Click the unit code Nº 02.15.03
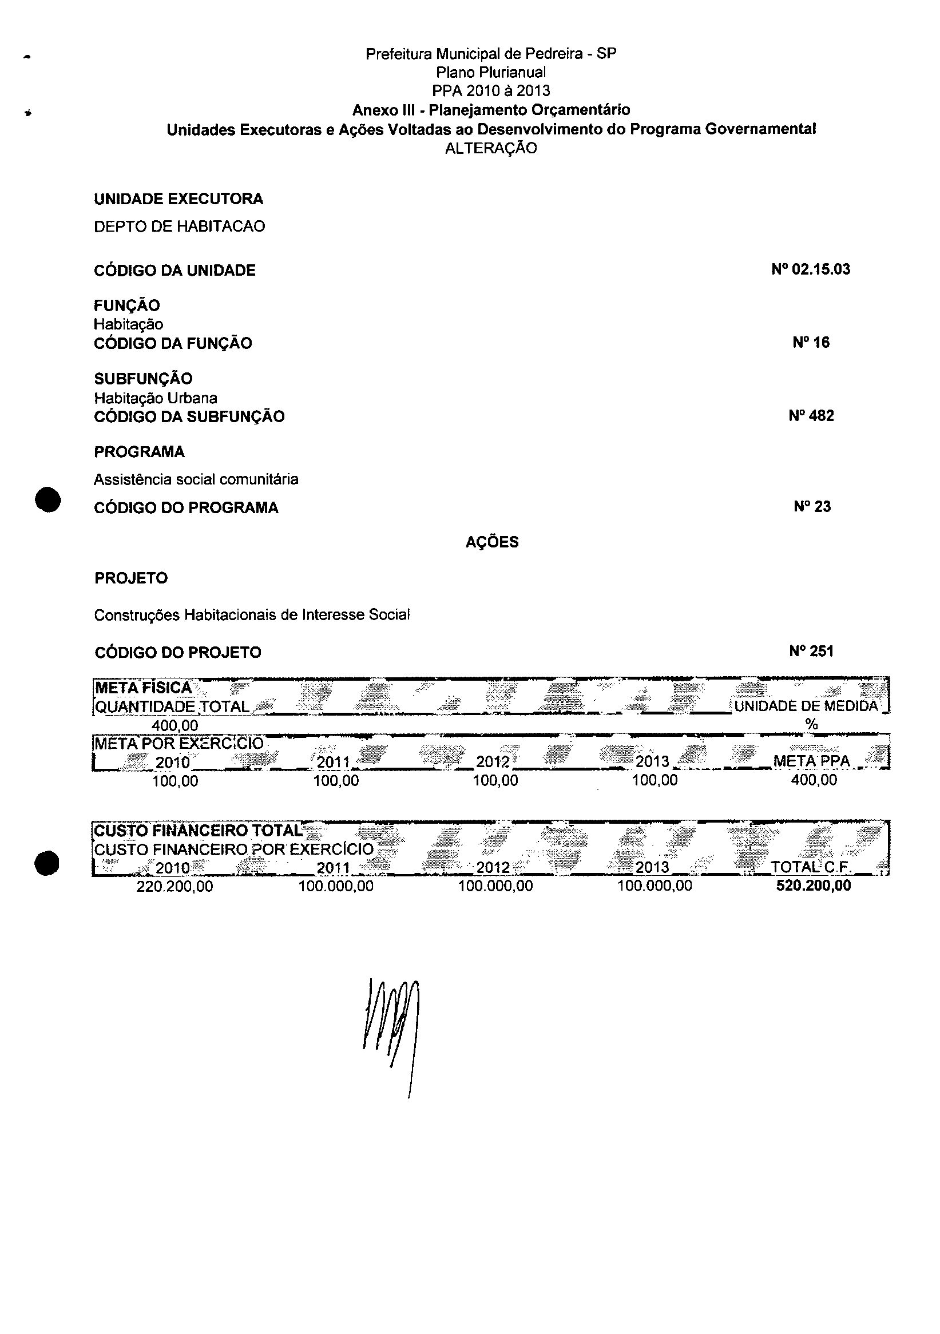811,269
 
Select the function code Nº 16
811,342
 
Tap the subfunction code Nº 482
811,415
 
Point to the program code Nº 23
812,507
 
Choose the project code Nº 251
811,652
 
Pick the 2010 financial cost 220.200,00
174,886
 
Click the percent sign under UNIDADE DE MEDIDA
812,724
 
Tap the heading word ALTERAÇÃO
491,148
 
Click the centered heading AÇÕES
492,542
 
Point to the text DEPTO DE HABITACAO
180,226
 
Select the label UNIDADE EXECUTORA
179,198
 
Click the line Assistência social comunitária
196,479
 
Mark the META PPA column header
811,761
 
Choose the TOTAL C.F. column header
811,867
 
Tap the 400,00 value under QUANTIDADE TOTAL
175,725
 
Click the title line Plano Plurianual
491,72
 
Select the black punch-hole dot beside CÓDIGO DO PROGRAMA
47,499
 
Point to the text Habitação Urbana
156,398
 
